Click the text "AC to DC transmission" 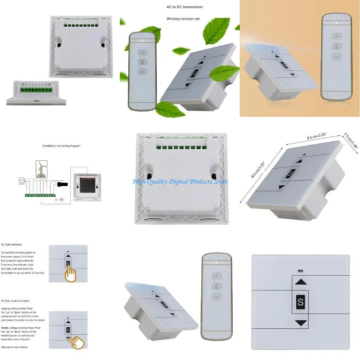[x=185, y=7]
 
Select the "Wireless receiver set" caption [x=183, y=19]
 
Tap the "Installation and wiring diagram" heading [x=61, y=146]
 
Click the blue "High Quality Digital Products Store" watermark [x=180, y=181]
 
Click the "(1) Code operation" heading [x=12, y=244]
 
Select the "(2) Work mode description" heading [x=15, y=301]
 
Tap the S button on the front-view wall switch [x=300, y=302]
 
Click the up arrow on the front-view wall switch [x=300, y=282]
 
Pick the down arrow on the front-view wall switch [x=300, y=322]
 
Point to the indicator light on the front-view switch [x=300, y=271]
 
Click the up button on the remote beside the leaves [x=142, y=53]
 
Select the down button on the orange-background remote [x=336, y=57]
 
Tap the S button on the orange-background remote [x=336, y=47]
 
